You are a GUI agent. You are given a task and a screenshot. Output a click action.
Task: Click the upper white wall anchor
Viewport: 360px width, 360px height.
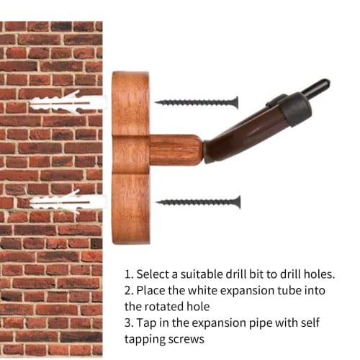click(68, 103)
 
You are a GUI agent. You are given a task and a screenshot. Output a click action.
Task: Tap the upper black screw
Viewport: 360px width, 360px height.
click(197, 103)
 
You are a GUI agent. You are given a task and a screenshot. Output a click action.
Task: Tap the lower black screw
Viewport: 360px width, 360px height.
click(198, 202)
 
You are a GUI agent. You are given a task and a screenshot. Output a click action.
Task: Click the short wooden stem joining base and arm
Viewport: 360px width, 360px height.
click(175, 150)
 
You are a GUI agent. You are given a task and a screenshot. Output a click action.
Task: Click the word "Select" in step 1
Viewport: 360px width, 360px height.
click(153, 274)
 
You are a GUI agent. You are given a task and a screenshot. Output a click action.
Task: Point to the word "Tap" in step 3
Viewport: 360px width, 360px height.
click(146, 323)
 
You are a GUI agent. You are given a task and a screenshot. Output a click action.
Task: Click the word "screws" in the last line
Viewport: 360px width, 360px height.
click(186, 340)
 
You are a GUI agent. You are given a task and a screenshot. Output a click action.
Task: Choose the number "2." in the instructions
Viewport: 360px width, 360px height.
click(129, 290)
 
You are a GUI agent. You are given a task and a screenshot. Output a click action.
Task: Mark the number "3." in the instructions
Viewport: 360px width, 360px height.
click(129, 323)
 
